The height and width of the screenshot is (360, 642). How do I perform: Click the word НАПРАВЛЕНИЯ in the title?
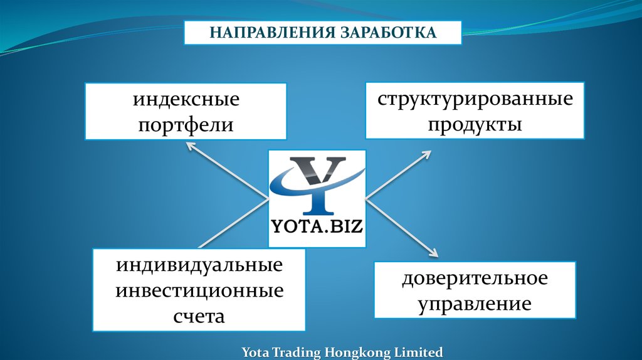270,33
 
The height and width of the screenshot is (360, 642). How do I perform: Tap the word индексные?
186,99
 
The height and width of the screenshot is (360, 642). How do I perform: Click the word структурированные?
475,99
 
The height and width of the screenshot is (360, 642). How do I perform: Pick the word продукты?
475,124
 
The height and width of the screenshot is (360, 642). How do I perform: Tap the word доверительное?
475,278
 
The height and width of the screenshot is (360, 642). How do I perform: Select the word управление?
475,304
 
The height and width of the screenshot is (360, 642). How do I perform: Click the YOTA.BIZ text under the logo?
317,226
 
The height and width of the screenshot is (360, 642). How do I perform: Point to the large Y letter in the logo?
317,183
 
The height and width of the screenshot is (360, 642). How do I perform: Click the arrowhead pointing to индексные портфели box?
190,146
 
